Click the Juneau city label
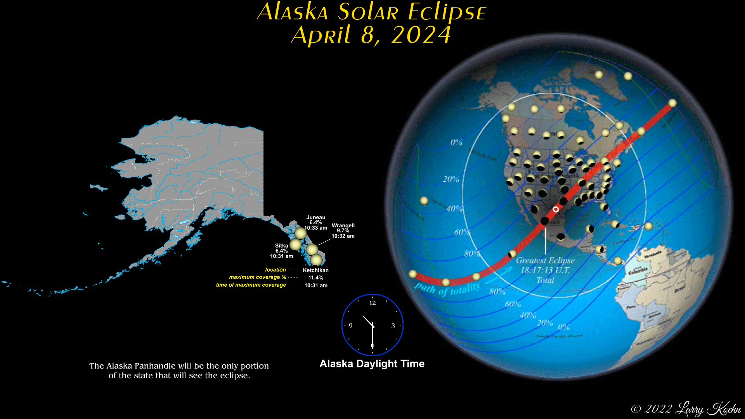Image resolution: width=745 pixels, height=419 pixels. click(x=315, y=218)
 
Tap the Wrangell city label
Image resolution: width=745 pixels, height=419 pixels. click(x=343, y=225)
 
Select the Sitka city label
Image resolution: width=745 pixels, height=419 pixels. click(x=281, y=246)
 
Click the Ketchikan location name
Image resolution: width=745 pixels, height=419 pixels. click(x=315, y=270)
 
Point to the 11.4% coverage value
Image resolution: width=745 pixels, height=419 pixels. click(x=315, y=278)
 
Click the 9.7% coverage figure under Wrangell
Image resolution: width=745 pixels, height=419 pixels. click(x=343, y=230)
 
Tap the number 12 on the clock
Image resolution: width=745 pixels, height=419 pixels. click(x=372, y=303)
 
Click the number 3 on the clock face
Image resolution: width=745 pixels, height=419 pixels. click(x=393, y=326)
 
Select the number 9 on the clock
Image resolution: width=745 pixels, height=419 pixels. click(x=351, y=326)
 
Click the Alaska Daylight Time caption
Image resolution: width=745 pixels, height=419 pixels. click(x=372, y=364)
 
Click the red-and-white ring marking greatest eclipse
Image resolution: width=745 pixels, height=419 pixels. click(x=556, y=209)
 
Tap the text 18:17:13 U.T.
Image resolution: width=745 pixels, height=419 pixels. click(x=545, y=270)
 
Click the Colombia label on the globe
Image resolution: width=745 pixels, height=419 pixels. click(x=638, y=271)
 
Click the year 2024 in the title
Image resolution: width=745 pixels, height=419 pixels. click(x=421, y=35)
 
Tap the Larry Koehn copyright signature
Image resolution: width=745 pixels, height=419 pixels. click(x=708, y=409)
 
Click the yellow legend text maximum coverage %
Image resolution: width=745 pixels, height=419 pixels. click(x=257, y=277)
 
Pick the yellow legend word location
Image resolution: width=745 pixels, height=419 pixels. click(x=275, y=270)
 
